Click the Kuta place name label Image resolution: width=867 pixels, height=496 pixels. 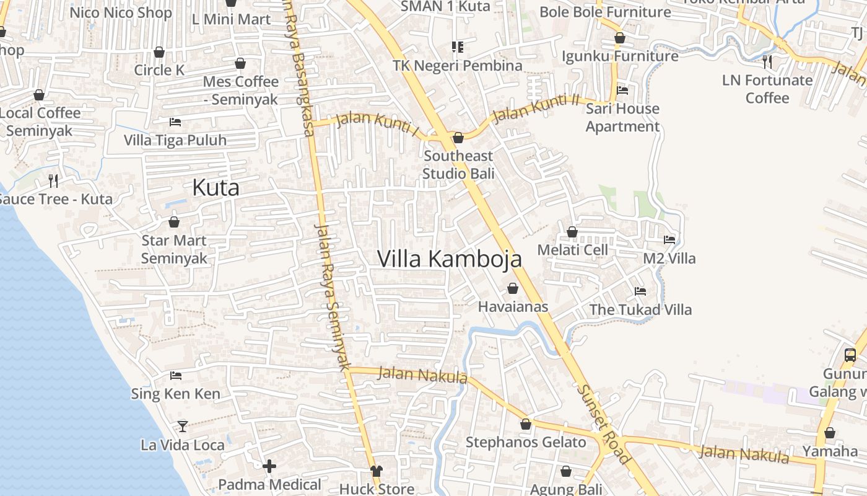216,187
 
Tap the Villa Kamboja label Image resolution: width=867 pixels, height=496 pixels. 449,259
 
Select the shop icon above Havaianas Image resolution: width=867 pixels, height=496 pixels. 513,288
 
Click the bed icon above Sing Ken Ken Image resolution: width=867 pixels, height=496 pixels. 176,375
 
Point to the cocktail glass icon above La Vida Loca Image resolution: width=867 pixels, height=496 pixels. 182,426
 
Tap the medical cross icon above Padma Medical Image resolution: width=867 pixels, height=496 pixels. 269,466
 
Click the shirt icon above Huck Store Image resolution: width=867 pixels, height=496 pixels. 376,471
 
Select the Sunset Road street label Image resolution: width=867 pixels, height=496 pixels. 603,424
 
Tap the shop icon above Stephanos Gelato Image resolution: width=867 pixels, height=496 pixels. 526,424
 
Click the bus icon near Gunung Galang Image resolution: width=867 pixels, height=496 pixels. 850,355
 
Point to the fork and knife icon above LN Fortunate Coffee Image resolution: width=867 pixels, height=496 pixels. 767,61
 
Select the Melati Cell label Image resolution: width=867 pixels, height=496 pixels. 572,250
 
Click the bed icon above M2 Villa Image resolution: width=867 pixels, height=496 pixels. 669,239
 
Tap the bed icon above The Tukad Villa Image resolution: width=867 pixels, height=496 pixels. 640,291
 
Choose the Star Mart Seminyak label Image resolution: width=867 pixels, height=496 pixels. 174,249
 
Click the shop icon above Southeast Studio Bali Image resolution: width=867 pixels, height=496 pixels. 458,138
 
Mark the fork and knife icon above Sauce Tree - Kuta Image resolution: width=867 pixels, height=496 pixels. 53,181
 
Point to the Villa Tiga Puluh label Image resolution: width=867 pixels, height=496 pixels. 175,140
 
